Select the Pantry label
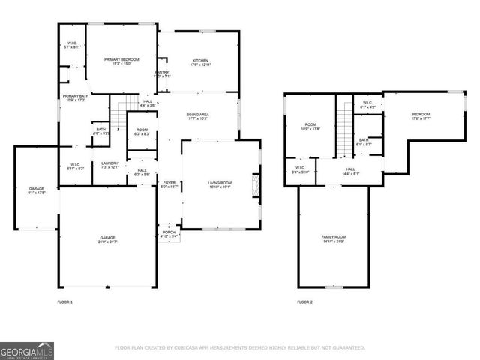(x=162, y=74)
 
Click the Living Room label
(x=220, y=184)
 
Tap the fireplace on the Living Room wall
(x=256, y=184)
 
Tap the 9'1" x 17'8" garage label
(x=36, y=190)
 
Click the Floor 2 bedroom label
(x=420, y=116)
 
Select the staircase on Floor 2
(x=343, y=127)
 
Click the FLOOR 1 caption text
(x=65, y=301)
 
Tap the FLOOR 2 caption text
(x=304, y=301)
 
